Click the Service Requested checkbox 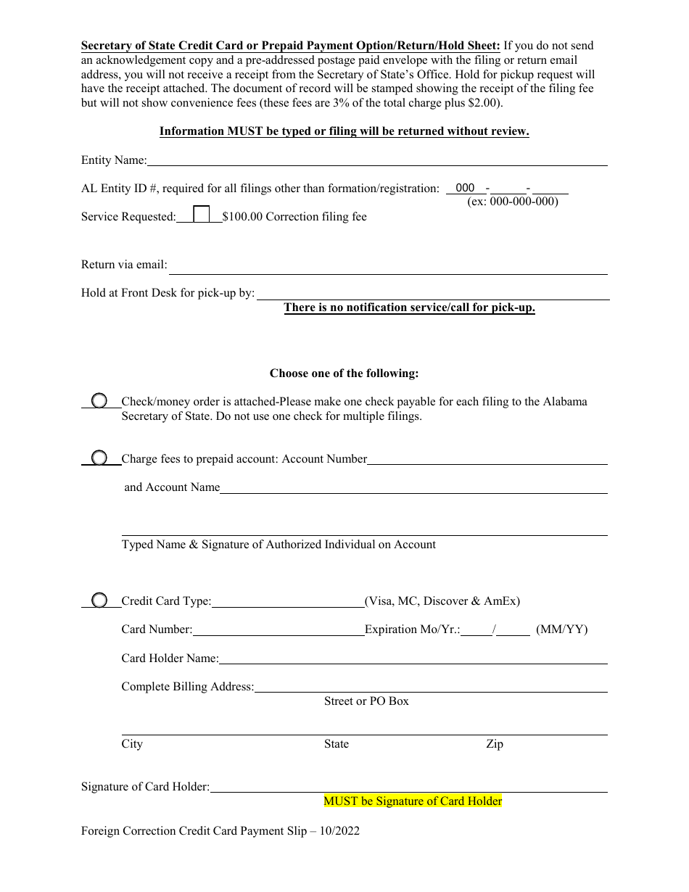pos(202,215)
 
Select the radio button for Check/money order pos(99,401)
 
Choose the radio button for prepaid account pos(99,458)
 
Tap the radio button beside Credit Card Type pos(99,600)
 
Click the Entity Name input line pos(377,160)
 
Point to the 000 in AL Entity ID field pos(465,188)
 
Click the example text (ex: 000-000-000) pos(512,202)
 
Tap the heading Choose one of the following pos(344,373)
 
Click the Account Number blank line pos(487,459)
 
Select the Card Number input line pos(279,630)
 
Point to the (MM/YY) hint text pos(561,629)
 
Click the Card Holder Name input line pos(413,658)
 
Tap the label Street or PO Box pos(366,701)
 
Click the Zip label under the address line pos(494,744)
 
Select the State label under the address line pos(336,744)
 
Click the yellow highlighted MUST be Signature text pos(412,801)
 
